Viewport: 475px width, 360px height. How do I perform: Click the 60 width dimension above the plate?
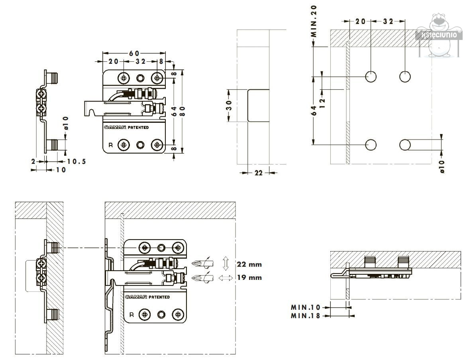click(134, 53)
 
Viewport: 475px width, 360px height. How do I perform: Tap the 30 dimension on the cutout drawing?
click(229, 106)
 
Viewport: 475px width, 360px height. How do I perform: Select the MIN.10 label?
click(306, 307)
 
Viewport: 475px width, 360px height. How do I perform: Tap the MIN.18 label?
click(306, 316)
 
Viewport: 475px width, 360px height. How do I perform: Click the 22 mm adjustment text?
click(249, 264)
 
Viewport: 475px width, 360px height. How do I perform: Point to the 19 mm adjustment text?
click(249, 277)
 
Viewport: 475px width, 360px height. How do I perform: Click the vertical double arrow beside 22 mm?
click(226, 264)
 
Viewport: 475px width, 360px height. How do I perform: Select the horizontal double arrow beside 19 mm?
click(226, 278)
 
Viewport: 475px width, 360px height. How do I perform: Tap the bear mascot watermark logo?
click(440, 36)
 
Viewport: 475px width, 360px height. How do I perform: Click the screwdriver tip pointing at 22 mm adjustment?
click(196, 264)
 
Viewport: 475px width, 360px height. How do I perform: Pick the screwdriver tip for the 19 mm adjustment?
click(196, 277)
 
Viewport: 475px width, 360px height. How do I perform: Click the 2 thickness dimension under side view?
click(34, 161)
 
